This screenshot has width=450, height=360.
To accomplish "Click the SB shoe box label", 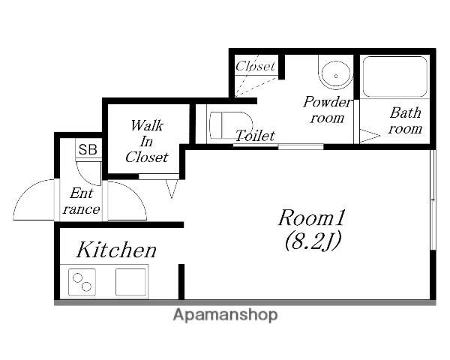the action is (88, 149).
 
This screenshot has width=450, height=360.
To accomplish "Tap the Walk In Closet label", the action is (147, 141).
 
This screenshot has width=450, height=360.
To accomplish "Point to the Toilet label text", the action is (255, 136).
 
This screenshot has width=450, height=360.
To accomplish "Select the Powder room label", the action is (327, 109).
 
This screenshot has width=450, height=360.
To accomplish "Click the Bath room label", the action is (405, 121).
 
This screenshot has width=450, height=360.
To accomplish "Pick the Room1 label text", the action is (311, 217).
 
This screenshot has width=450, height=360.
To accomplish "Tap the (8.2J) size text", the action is (313, 241).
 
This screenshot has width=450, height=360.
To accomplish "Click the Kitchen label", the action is (116, 250).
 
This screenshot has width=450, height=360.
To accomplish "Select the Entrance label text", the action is (82, 201).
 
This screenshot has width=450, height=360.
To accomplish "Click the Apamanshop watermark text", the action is (225, 315).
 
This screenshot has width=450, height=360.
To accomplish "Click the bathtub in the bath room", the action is (395, 76).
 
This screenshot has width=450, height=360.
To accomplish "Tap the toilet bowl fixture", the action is (230, 125).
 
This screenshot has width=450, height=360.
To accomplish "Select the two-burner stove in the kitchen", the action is (82, 282).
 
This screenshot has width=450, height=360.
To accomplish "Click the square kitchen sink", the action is (130, 282).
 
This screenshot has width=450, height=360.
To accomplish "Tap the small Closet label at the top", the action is (255, 66).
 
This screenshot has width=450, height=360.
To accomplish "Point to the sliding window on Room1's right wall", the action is (433, 199).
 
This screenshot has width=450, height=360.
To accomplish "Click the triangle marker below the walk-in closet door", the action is (172, 188).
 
